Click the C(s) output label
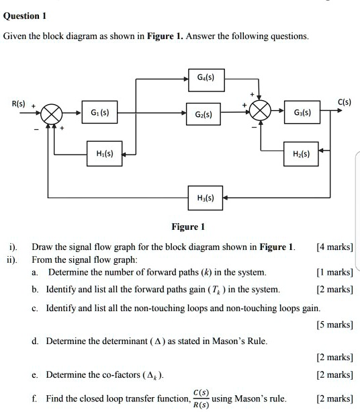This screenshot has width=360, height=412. point(345,102)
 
